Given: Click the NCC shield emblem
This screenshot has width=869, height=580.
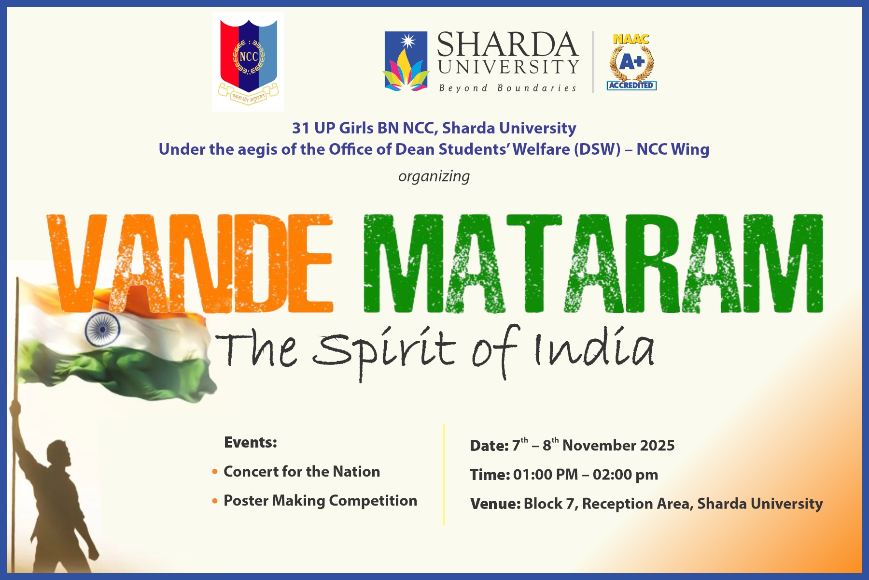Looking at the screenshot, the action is pos(249,61).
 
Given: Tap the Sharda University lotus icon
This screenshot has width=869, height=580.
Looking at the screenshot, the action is pos(406,61).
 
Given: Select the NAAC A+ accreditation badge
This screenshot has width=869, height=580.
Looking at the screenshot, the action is pos(631,62).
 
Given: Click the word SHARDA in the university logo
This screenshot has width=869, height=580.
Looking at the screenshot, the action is pos(507,44).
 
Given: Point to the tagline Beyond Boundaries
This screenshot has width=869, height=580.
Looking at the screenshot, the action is pos(507,88).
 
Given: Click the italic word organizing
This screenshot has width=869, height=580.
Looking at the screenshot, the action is pos(434,176).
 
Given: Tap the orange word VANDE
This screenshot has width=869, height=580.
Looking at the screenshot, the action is pos(190,263).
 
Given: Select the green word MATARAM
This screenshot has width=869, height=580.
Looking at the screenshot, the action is pos(593,263).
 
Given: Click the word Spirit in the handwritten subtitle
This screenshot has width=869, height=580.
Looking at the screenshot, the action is pos(384,350).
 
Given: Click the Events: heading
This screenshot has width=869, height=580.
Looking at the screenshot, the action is pos(251,442).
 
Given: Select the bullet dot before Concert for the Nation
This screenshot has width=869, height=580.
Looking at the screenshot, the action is pos(215,471).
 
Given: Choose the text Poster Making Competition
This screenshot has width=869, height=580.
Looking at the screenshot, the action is pos(320,501).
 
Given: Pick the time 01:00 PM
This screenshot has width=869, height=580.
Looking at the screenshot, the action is pos(545,475).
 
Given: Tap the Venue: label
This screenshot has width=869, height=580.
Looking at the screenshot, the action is pos(495,504).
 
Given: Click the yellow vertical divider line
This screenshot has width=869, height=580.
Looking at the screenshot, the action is pos(444,475).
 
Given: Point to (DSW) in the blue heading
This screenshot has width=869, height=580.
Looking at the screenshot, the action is pos(598,149).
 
